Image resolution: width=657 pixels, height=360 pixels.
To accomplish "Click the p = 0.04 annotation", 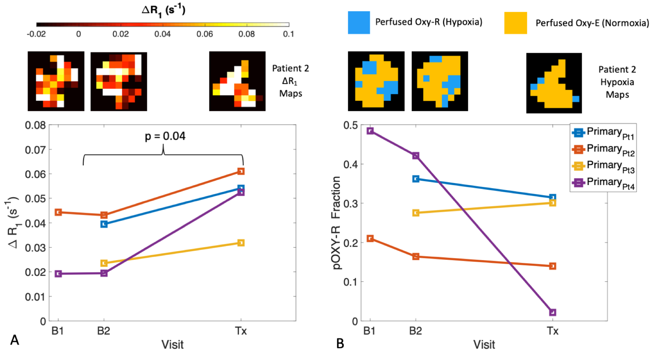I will click(165, 136).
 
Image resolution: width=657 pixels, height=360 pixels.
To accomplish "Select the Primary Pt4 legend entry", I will click(603, 182).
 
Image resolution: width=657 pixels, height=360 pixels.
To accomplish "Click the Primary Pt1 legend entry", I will click(603, 133).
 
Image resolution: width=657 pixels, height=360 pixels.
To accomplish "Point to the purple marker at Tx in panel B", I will click(552, 312).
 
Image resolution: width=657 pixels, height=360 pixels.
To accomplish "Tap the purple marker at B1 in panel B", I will click(370, 131).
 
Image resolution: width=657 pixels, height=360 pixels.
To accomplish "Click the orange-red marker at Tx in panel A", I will click(241, 171).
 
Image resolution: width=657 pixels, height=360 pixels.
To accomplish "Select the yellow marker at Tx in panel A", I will click(241, 243).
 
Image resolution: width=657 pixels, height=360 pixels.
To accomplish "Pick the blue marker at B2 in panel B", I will click(416, 179).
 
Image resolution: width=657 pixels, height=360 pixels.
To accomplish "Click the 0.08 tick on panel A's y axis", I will click(35, 125).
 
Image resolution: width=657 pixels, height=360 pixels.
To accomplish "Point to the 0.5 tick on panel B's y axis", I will click(350, 125).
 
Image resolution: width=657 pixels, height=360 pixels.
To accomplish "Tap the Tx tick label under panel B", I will click(552, 331).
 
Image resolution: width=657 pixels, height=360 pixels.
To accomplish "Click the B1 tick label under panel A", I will click(58, 331).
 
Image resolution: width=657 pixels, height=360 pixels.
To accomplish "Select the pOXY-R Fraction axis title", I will click(336, 223).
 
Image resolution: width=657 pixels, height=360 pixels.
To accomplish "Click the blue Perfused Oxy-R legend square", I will click(359, 23).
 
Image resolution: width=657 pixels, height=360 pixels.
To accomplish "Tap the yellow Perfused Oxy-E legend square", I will click(515, 23).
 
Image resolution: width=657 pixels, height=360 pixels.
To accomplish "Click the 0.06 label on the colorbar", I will click(204, 34).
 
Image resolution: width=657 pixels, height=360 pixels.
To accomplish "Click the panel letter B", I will click(340, 344).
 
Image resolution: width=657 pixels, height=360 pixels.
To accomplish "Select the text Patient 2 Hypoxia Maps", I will click(617, 82).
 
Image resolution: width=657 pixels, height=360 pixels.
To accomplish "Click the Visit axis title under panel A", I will click(172, 345).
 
